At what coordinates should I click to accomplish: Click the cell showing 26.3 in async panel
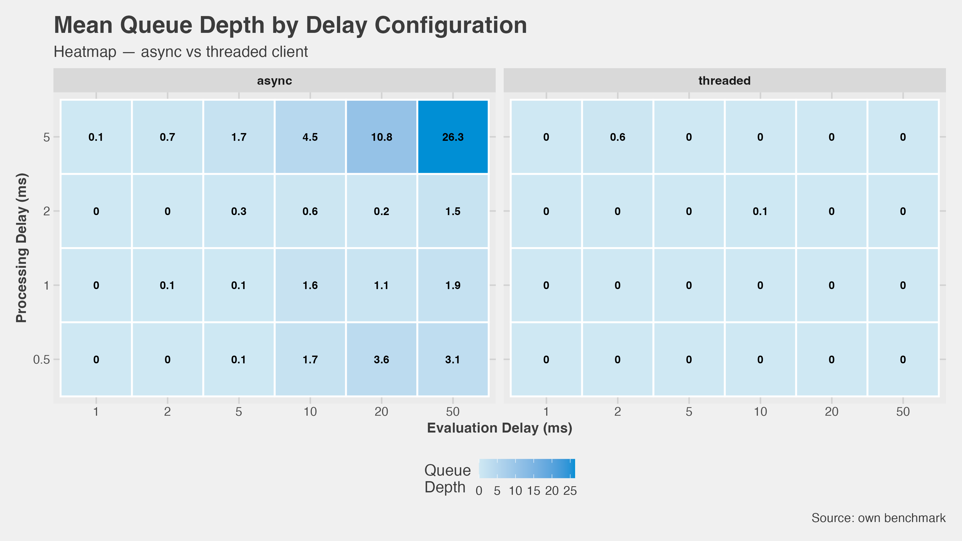(453, 137)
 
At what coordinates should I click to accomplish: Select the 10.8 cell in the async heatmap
(381, 137)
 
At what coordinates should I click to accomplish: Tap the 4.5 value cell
(310, 137)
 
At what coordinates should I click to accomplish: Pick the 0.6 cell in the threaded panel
(617, 137)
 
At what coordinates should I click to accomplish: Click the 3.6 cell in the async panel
(381, 360)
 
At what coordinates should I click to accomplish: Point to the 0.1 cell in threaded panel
(760, 211)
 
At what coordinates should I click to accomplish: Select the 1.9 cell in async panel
(453, 285)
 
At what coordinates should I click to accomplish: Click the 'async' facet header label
(274, 81)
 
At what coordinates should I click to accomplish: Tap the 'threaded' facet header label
(724, 81)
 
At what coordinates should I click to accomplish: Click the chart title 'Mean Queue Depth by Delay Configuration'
(290, 25)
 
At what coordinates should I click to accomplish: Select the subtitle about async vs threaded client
(181, 52)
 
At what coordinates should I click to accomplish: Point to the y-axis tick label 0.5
(41, 360)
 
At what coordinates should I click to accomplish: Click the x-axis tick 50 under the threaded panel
(903, 411)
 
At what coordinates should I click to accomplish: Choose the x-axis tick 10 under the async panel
(310, 411)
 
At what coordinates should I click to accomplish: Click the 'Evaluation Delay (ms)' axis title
(499, 428)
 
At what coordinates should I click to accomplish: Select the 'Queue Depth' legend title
(447, 479)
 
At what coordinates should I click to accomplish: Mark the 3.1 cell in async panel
(453, 360)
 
